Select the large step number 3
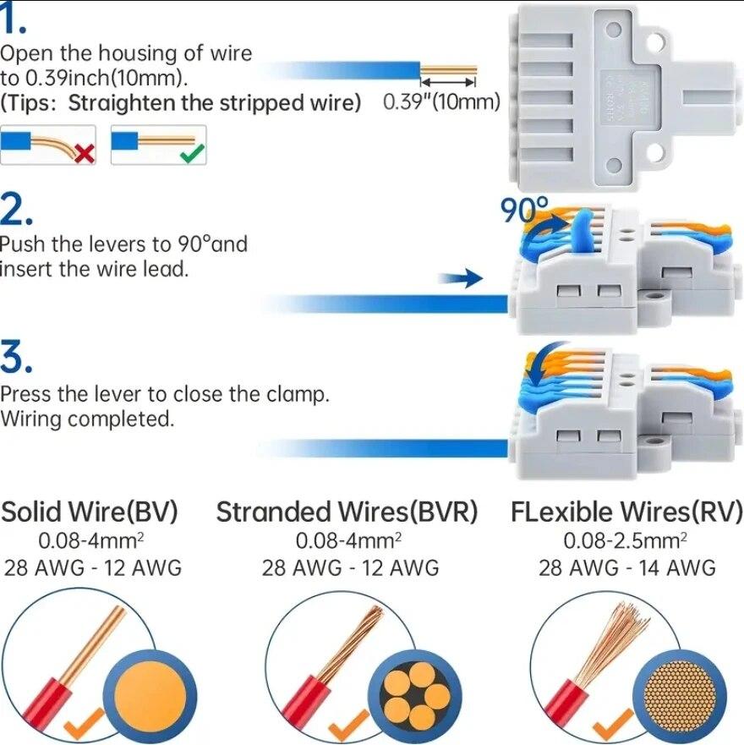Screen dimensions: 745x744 click(17, 358)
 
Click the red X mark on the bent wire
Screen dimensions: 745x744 click(84, 154)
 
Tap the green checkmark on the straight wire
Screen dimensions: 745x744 click(193, 153)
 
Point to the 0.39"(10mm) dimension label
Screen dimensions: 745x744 click(441, 102)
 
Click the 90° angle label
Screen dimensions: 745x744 click(524, 209)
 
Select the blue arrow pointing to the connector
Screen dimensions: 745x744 click(461, 279)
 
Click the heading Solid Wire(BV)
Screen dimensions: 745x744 click(90, 512)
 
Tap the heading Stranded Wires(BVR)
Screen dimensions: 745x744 click(347, 512)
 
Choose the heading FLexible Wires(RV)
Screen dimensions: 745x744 click(626, 512)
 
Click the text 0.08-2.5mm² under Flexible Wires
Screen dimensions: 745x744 click(626, 540)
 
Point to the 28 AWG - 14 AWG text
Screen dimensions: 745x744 click(626, 567)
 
